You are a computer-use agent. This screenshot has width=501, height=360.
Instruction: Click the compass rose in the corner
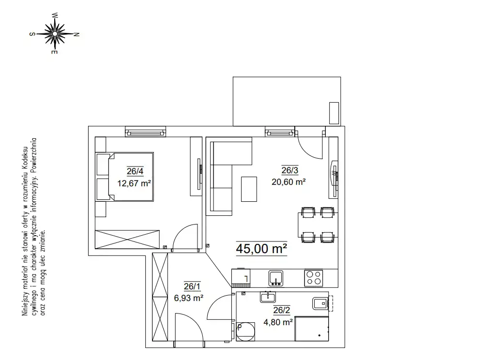(x=55, y=33)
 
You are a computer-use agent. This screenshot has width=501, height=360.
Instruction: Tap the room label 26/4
(x=135, y=171)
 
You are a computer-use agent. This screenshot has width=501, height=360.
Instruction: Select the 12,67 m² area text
(x=134, y=183)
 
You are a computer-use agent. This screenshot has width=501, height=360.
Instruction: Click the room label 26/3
(x=290, y=170)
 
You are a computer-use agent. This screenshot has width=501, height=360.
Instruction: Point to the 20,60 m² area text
(x=288, y=182)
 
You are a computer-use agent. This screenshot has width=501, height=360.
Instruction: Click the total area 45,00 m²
(x=261, y=249)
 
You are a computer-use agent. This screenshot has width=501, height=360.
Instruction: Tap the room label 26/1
(x=192, y=286)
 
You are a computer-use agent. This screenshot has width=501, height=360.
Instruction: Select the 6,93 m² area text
(x=189, y=298)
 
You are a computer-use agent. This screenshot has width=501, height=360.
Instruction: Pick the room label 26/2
(x=282, y=310)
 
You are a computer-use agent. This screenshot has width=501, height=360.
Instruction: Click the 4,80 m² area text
(x=278, y=322)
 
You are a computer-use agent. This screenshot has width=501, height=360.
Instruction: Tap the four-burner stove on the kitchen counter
(x=314, y=278)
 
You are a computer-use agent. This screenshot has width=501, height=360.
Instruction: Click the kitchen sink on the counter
(x=276, y=278)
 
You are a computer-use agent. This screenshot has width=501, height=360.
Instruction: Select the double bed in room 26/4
(x=124, y=177)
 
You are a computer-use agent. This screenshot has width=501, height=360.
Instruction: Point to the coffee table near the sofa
(x=249, y=189)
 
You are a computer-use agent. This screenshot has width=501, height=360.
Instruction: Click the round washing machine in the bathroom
(x=246, y=331)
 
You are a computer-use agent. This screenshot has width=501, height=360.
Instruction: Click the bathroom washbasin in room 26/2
(x=268, y=297)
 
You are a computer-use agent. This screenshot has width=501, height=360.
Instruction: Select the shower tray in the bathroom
(x=312, y=329)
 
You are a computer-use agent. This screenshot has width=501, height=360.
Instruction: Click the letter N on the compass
(x=76, y=34)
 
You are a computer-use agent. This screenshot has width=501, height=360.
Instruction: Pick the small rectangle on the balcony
(x=334, y=113)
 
